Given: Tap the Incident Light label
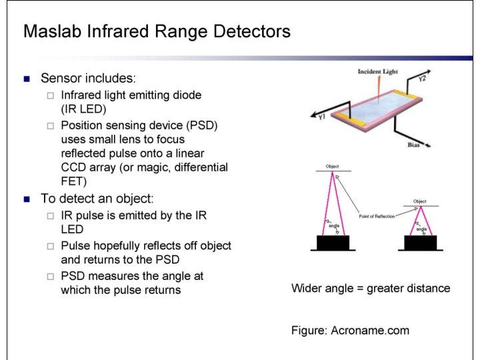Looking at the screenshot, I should point(377,71).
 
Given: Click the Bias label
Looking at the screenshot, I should point(413,145).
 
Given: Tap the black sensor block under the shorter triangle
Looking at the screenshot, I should point(421,243).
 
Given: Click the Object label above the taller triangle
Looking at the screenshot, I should point(332,166).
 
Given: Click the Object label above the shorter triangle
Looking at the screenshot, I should point(419,201).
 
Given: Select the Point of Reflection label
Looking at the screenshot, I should point(377,217).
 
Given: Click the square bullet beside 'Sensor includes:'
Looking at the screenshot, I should point(27,79).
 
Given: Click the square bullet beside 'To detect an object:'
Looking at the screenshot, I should point(27,199).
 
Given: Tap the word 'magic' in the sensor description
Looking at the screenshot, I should point(152,167).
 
